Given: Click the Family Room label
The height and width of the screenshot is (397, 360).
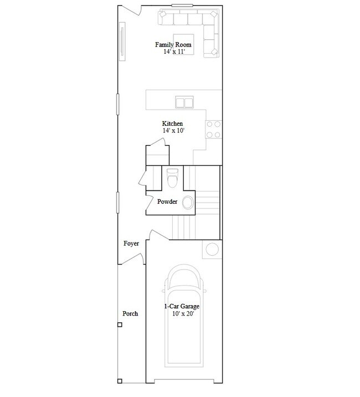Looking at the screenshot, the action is [173, 45].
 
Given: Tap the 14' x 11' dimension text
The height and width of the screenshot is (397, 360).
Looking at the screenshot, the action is [174, 51].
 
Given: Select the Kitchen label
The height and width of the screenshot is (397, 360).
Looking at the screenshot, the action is [172, 123].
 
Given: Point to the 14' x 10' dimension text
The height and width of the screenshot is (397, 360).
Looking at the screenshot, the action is [173, 131].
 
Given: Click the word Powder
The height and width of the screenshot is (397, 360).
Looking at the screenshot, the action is [167, 202].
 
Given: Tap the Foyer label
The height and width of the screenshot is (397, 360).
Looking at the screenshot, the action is [131, 244].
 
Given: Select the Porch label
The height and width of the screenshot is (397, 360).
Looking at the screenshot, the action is [130, 314].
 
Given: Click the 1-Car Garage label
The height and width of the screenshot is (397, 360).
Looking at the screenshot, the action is [182, 306].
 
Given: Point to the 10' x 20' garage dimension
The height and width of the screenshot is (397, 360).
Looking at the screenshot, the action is [183, 314].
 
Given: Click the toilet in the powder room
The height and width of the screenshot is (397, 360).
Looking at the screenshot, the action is [173, 178].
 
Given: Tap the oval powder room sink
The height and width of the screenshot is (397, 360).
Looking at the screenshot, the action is [188, 203].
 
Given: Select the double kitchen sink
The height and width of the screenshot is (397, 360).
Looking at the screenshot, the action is [184, 102].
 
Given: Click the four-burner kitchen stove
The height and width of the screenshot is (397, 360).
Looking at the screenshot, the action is [214, 130].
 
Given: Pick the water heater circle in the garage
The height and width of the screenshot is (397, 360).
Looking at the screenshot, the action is [212, 249].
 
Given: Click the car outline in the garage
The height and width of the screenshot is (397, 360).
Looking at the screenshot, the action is [184, 316].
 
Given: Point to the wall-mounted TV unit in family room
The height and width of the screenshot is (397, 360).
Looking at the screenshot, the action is [122, 42].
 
